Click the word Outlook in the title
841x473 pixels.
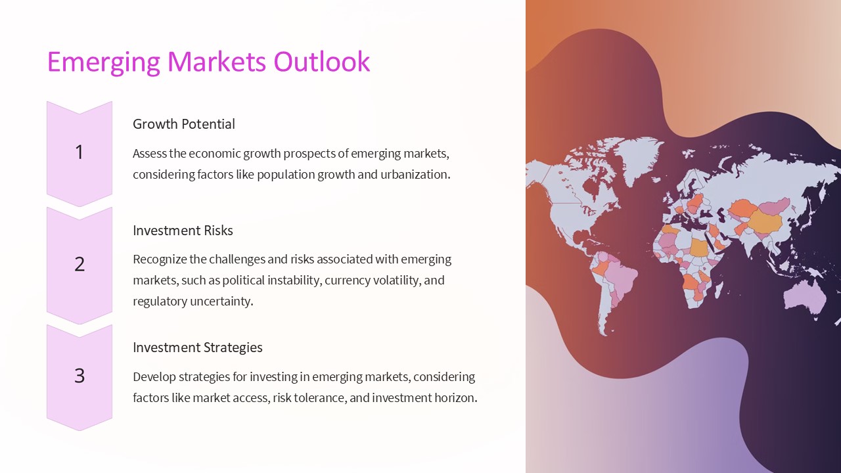point(321,62)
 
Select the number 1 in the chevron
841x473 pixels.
point(80,152)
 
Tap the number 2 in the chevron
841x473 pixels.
point(80,264)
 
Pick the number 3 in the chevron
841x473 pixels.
point(80,376)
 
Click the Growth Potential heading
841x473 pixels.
point(184,124)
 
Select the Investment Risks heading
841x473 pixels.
point(183,231)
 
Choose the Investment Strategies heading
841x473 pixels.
point(197,348)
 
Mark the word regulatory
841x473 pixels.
point(160,302)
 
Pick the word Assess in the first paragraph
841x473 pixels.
point(150,154)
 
